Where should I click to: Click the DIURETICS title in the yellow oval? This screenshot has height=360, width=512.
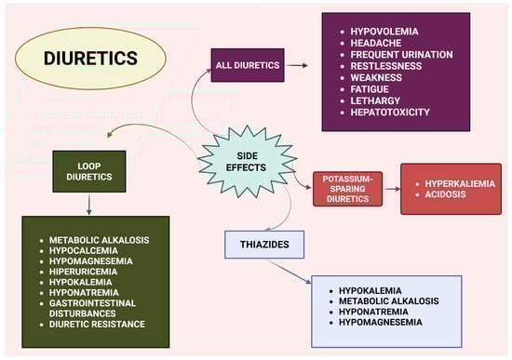90,58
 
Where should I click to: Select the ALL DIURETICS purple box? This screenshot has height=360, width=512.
248,65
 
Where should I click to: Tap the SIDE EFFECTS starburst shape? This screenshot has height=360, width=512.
248,162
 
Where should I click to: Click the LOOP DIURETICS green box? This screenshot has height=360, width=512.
89,171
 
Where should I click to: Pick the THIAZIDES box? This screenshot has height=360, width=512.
264,245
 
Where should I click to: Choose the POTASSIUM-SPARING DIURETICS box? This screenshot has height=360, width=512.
347,189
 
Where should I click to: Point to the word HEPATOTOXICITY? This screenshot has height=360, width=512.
390,113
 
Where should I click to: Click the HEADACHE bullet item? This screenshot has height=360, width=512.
376,43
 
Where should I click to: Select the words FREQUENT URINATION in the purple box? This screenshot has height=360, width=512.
401,55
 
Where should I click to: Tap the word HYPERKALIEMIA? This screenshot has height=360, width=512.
460,184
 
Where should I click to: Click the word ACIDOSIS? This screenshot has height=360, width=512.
445,194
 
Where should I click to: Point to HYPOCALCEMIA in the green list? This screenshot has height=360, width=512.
84,250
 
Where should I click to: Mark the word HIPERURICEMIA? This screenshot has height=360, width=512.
83,272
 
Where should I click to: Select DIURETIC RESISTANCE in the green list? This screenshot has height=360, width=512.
97,324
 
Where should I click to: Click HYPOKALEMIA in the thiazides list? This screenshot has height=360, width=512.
371,290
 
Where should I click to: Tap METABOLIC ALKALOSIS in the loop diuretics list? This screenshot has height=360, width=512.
100,240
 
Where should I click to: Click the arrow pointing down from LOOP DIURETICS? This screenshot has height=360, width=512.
88,205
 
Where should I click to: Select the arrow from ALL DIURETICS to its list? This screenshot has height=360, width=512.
297,66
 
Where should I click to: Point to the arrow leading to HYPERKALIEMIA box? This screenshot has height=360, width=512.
392,189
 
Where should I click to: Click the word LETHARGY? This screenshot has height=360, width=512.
375,100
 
